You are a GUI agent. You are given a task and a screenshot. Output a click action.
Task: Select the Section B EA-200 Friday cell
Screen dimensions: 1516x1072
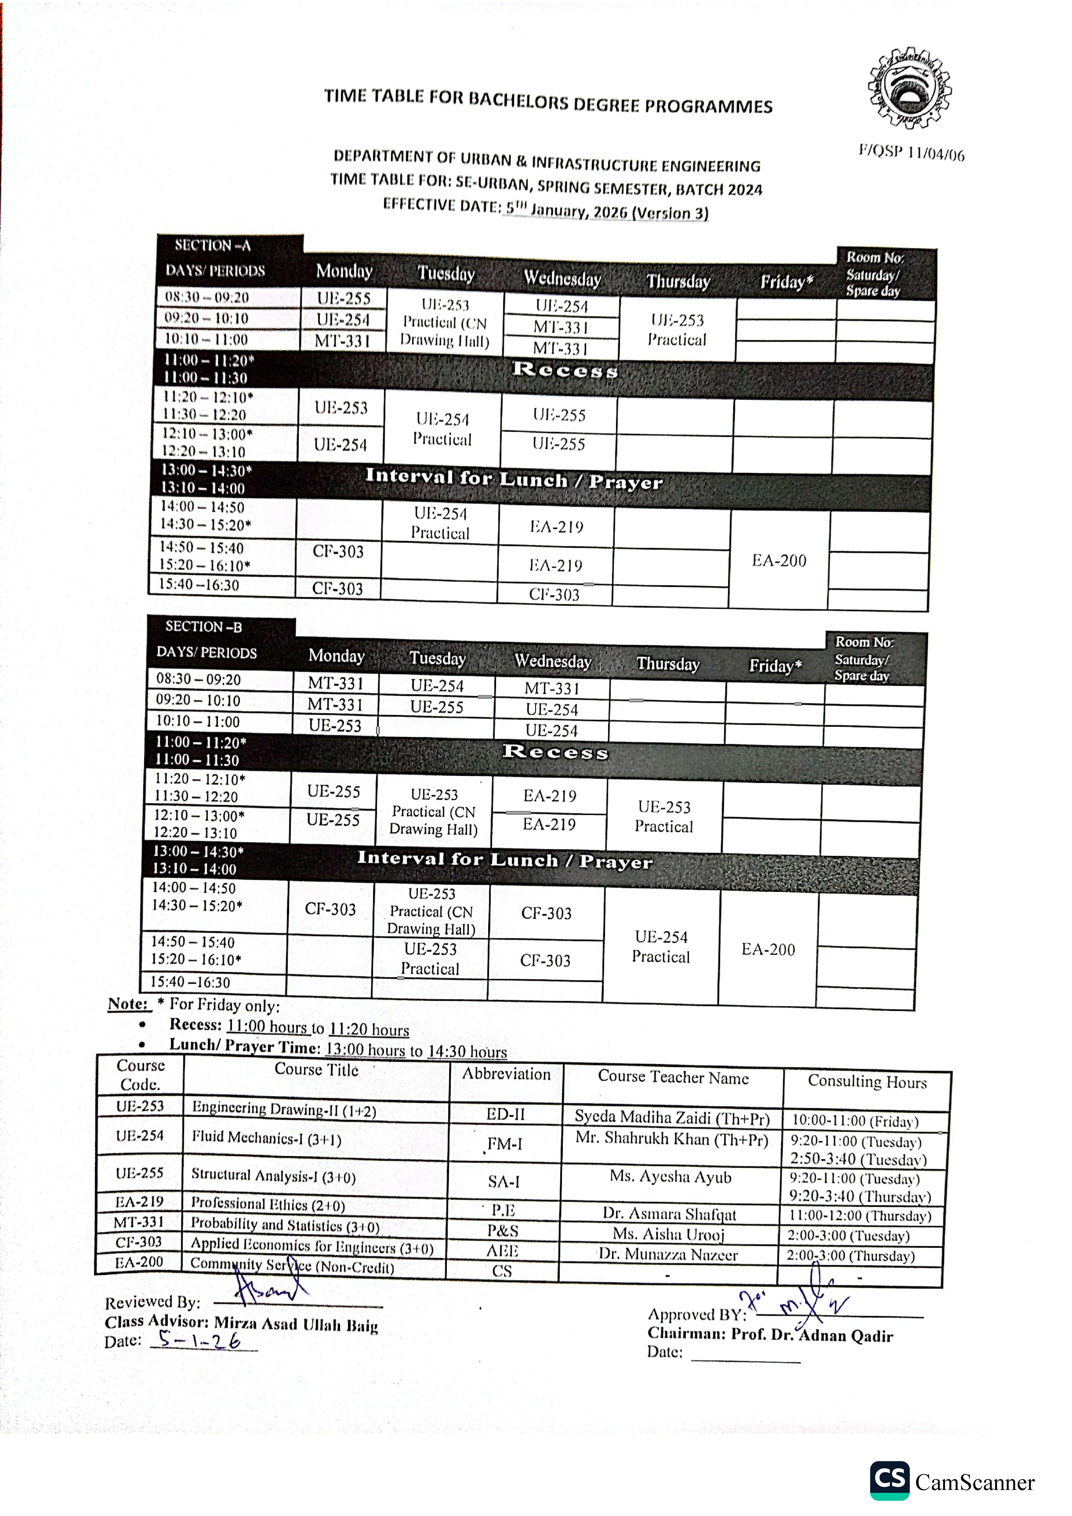click(768, 949)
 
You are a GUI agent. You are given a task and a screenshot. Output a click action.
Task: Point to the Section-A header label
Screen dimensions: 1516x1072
click(213, 246)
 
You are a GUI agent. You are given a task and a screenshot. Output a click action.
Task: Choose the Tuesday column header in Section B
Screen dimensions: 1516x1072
click(437, 658)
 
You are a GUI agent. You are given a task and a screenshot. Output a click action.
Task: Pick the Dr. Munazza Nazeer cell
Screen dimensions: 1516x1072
click(668, 1255)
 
